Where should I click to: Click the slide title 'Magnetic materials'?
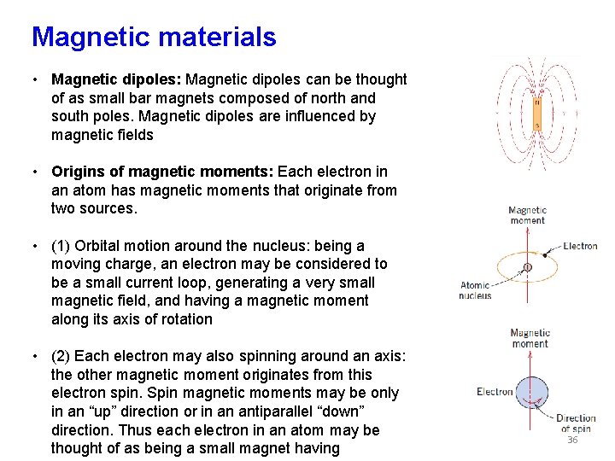coord(154,37)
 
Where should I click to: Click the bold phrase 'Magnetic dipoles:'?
coord(116,79)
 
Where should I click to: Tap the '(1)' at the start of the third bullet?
coord(61,246)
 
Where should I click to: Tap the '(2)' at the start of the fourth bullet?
coord(61,356)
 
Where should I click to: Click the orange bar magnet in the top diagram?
coord(537,114)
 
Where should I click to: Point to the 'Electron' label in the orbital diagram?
coord(580,246)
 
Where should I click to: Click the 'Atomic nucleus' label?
coord(476,290)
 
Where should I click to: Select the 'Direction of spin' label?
coord(575,423)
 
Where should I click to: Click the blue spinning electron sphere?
coord(536,397)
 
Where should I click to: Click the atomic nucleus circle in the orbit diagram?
coord(527,267)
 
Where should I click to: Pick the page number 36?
coord(572,441)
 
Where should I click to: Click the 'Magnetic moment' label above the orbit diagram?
coord(527,215)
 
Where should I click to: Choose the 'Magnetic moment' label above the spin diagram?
coord(530,338)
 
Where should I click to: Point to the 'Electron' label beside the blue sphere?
coord(495,392)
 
